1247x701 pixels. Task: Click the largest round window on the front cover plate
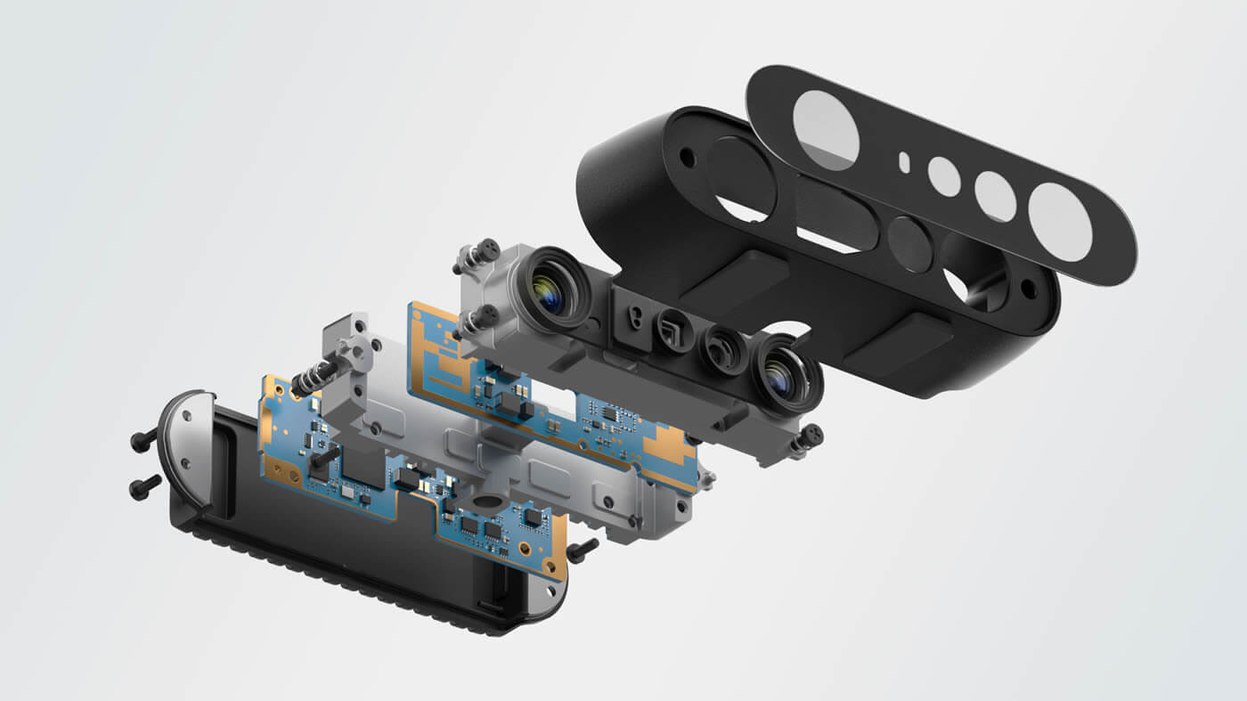pos(826,130)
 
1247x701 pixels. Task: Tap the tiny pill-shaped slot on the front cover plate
pos(904,162)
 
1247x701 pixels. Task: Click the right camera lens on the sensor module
pos(783,378)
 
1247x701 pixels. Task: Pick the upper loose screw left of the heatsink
pos(143,439)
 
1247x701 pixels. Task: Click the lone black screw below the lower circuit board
pos(582,550)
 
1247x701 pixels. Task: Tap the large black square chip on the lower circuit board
pos(361,465)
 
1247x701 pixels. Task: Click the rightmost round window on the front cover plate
pos(1060,223)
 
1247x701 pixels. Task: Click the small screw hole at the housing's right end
pos(1029,288)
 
